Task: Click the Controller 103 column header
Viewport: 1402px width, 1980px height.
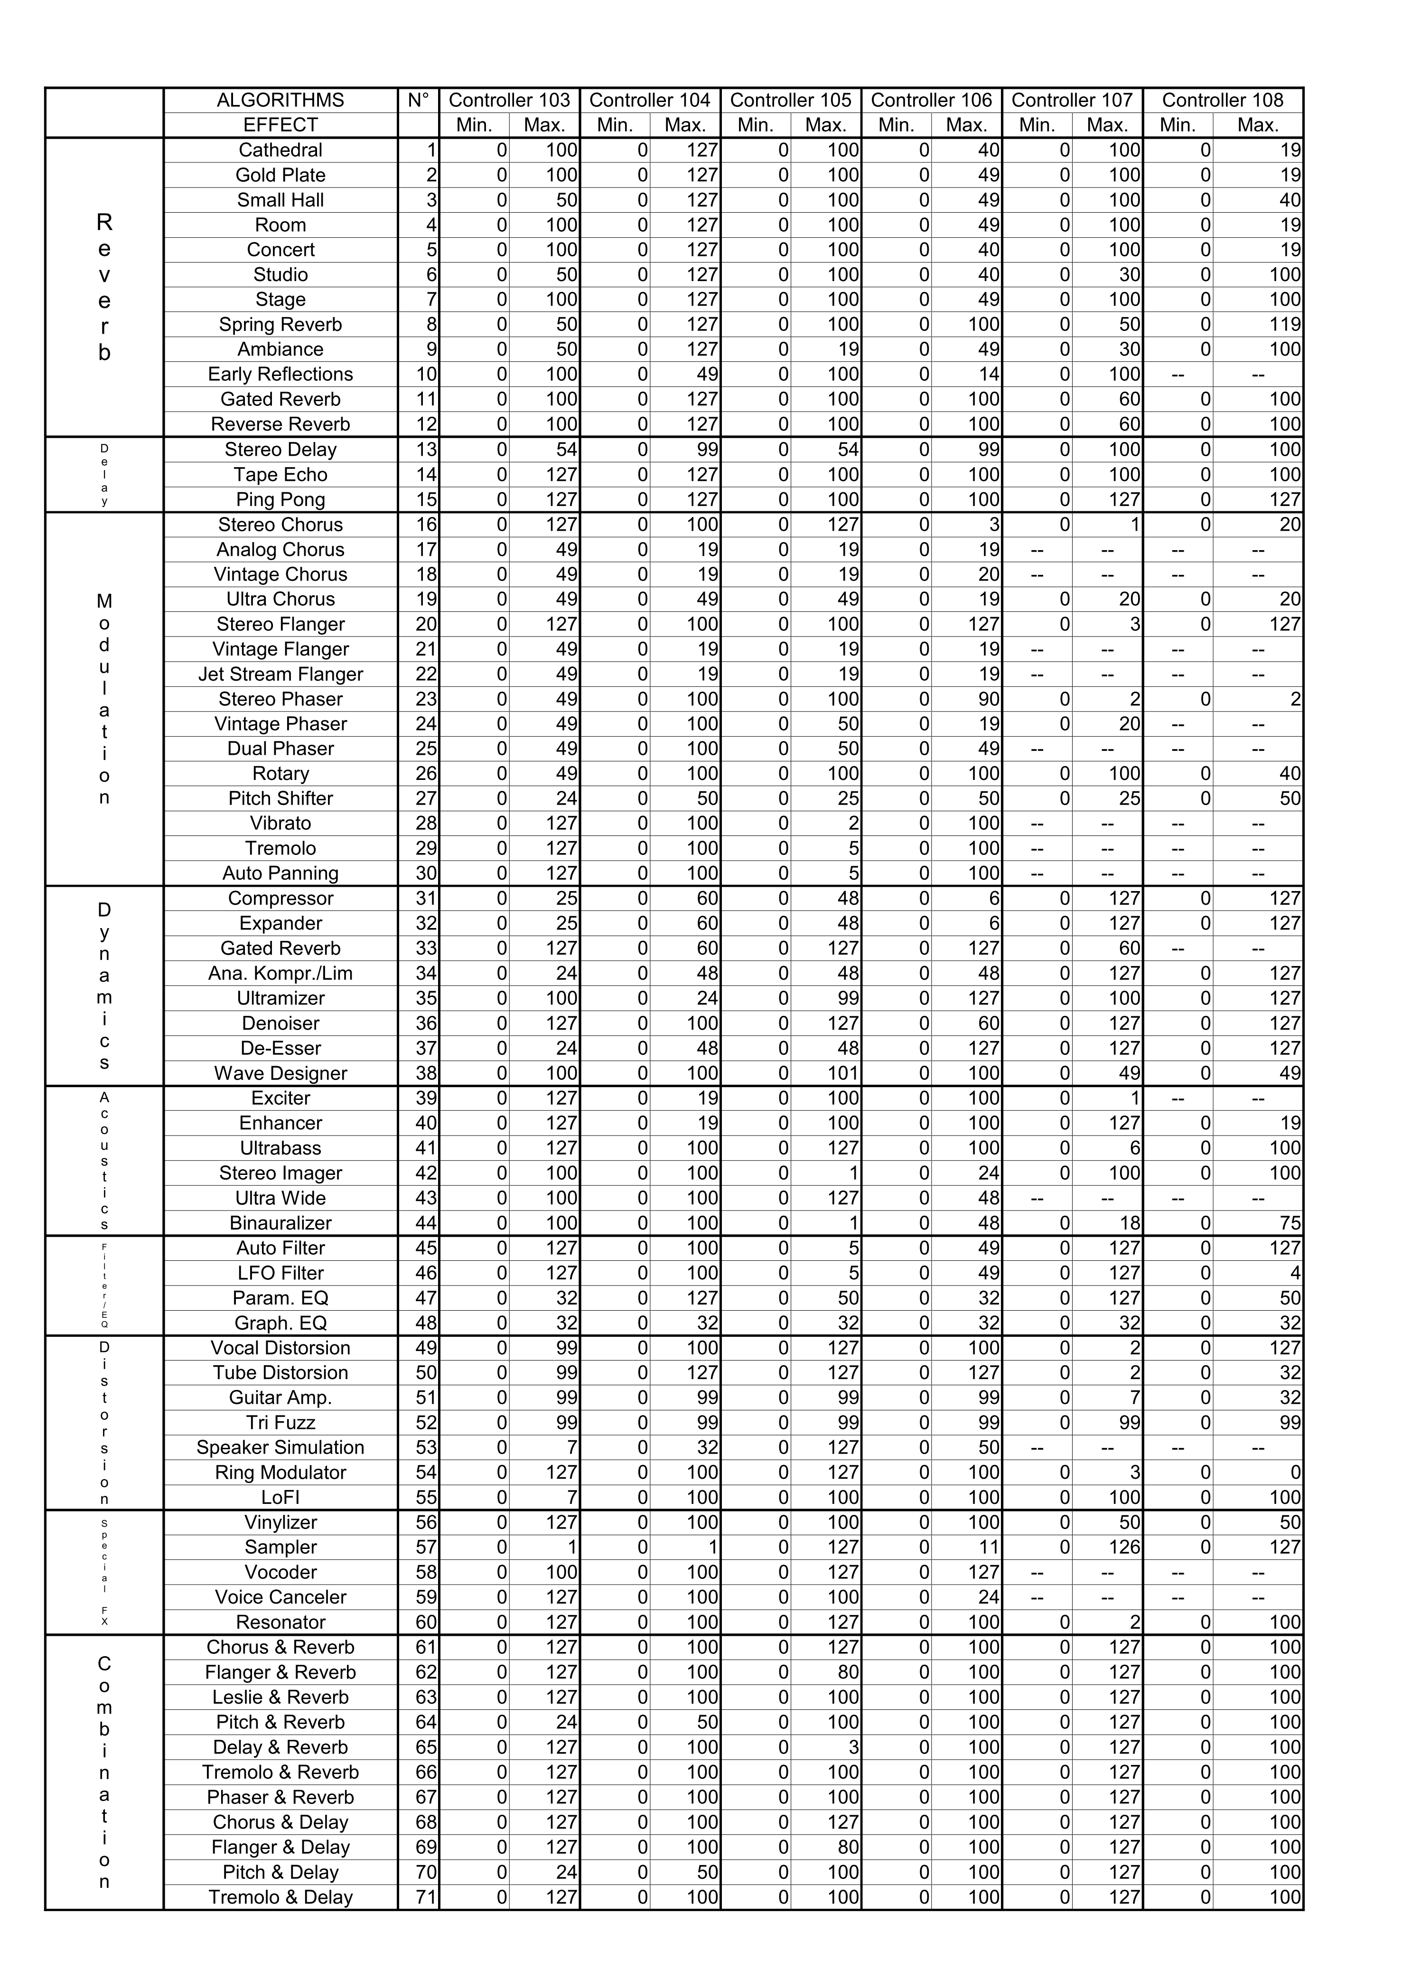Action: (509, 100)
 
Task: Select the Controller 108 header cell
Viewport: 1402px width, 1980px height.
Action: (1223, 100)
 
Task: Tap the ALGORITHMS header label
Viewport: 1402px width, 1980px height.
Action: (280, 100)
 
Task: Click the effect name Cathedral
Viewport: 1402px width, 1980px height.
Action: (280, 150)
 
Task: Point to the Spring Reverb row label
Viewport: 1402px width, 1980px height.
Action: (280, 325)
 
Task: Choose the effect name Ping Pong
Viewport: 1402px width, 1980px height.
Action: (280, 500)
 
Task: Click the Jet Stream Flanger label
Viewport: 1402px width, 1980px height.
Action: (280, 675)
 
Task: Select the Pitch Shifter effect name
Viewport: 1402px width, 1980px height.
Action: (280, 799)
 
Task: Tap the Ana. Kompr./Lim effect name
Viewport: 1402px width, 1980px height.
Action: (280, 973)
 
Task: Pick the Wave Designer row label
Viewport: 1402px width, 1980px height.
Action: (280, 1073)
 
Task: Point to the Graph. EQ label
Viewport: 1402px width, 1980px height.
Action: (280, 1323)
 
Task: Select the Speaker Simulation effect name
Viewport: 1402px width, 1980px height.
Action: (280, 1447)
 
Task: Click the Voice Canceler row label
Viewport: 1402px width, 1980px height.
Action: (280, 1597)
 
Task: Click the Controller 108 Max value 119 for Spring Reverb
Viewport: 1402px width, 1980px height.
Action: (1285, 325)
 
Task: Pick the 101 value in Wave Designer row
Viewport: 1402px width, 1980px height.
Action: (843, 1073)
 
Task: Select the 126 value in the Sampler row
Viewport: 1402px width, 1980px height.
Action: (1125, 1548)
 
